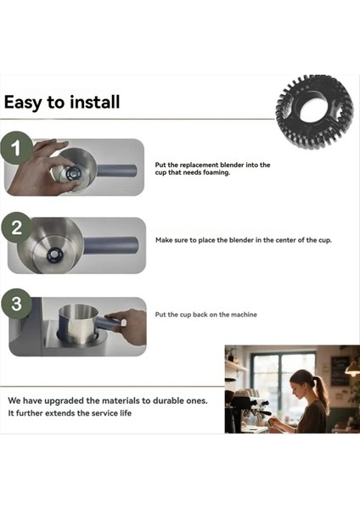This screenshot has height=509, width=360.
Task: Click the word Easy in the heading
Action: point(23,103)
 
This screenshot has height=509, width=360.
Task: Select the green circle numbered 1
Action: point(16,148)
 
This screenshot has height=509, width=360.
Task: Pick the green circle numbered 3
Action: point(16,304)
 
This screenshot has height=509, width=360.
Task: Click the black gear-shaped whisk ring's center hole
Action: point(312,107)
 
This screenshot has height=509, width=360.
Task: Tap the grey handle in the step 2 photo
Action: point(111,245)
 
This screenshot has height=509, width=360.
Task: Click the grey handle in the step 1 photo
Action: point(117,171)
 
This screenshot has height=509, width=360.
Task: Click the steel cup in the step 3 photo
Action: point(78,324)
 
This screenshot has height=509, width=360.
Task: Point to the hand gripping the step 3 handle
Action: point(128,326)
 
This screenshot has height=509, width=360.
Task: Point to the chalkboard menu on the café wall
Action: point(340,371)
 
